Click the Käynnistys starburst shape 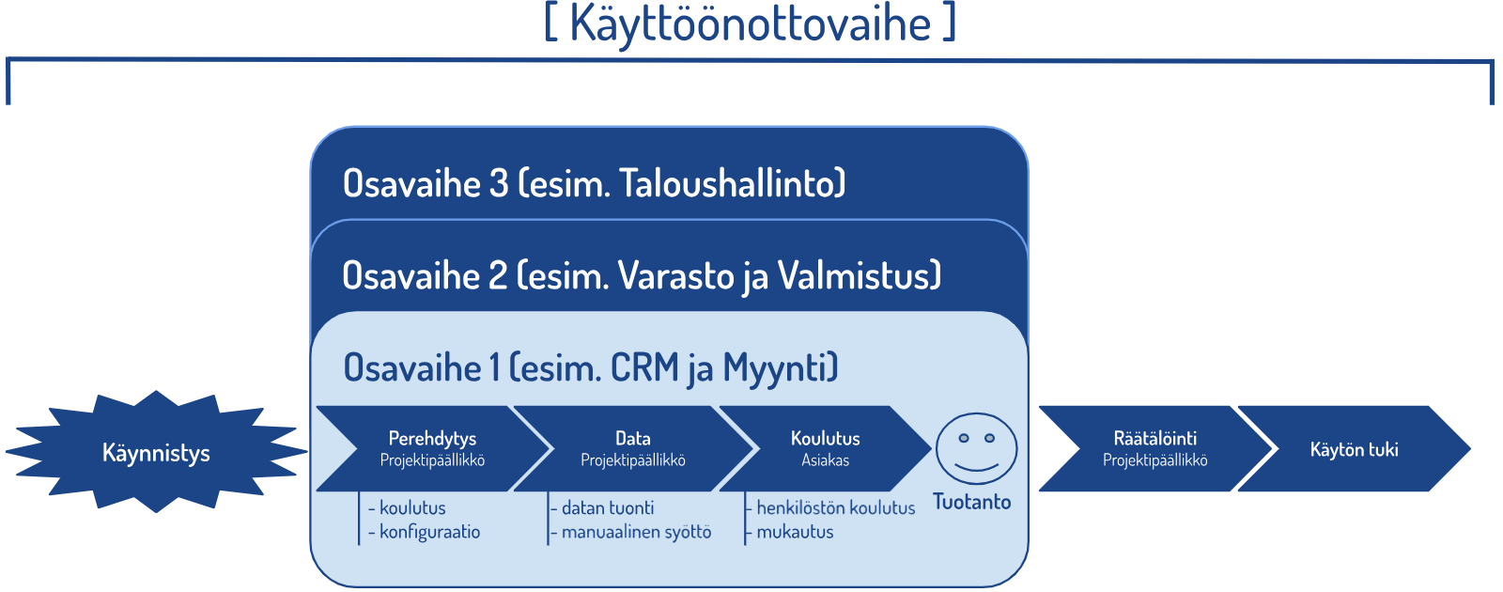[156, 452]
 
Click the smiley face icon [976, 448]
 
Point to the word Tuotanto [971, 502]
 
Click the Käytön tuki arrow [1354, 448]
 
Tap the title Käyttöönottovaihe [751, 23]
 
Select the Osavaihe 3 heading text [594, 183]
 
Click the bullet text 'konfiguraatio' [429, 532]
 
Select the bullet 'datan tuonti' [607, 508]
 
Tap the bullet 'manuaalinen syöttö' [636, 532]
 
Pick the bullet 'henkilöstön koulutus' [835, 508]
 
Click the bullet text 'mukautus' [795, 532]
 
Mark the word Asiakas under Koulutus [826, 460]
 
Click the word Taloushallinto [728, 183]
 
